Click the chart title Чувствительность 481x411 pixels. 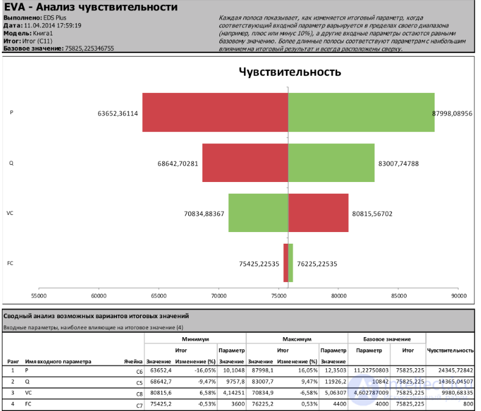290,72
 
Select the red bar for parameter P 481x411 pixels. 215,112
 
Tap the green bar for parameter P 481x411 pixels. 361,112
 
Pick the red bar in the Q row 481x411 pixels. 244,163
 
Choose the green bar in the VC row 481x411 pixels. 258,213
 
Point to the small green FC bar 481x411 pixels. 291,263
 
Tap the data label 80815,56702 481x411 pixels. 372,214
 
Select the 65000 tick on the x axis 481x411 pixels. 159,296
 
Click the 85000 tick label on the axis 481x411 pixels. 399,296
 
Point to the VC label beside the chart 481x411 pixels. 10,213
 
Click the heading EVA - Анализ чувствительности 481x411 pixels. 91,7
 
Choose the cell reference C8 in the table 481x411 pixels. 139,394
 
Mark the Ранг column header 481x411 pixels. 12,361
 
